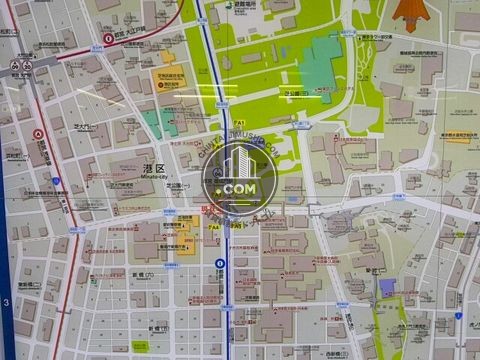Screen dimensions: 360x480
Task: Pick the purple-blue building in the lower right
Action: pyautogui.click(x=387, y=287)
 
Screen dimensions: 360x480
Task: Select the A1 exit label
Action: pyautogui.click(x=240, y=123)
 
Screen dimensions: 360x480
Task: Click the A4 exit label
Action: pyautogui.click(x=213, y=227)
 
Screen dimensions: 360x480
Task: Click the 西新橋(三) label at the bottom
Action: pyautogui.click(x=336, y=351)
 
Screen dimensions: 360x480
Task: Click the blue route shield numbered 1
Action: pyautogui.click(x=56, y=181)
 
